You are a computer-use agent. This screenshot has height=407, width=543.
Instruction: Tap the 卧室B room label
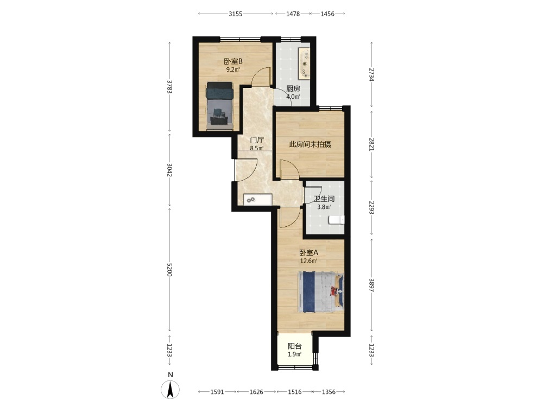point(233,62)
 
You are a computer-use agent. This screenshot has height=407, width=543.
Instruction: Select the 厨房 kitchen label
point(293,88)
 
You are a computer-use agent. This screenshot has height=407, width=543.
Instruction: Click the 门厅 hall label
point(257,140)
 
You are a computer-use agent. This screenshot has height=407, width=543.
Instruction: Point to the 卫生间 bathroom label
point(324,199)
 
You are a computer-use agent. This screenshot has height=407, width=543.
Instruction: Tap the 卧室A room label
point(308,253)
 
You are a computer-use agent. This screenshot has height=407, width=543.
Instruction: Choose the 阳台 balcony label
point(295,346)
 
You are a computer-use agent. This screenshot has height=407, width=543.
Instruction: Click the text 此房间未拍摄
point(310,144)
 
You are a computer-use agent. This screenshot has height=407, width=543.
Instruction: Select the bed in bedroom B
point(219,106)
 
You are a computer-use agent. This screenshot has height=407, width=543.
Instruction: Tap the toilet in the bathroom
point(336,220)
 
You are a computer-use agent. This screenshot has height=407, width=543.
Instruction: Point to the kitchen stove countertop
point(305,63)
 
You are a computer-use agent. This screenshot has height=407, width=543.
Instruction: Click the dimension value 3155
point(236,14)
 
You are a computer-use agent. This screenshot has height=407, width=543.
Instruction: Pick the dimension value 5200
point(169,270)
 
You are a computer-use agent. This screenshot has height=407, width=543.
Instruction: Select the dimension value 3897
point(371,285)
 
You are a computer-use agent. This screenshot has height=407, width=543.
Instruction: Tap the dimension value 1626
point(256,392)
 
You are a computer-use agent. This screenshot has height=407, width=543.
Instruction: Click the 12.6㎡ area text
point(308,261)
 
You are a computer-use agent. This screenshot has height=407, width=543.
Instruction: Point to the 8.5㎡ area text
point(257,149)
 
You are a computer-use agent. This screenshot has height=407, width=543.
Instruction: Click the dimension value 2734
point(371,74)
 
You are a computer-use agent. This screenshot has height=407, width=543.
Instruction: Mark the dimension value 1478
point(293,14)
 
